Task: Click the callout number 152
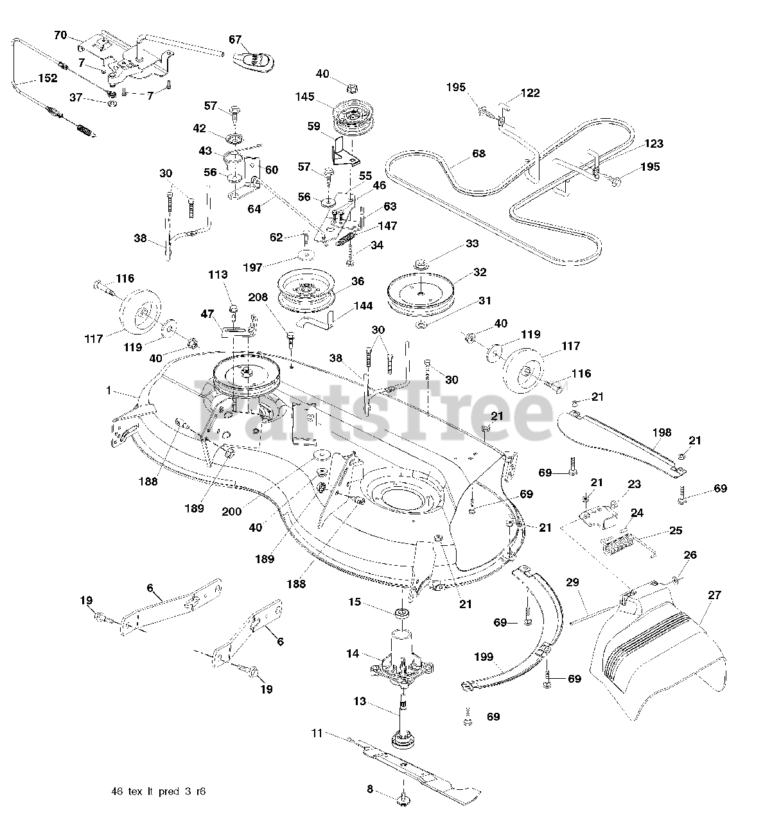click(x=47, y=78)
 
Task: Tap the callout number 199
click(x=483, y=657)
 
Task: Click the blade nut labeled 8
click(x=403, y=800)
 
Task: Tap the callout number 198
click(x=662, y=433)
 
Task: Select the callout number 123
click(x=654, y=144)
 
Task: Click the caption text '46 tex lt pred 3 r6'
click(x=158, y=792)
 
